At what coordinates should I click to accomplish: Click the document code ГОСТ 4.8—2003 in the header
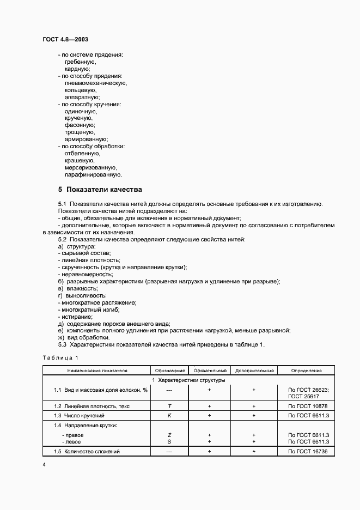[65, 40]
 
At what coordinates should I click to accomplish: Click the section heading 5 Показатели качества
[100, 190]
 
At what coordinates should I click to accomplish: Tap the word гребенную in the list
[80, 62]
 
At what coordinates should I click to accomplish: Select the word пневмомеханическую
[95, 83]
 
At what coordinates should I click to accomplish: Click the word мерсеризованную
[91, 167]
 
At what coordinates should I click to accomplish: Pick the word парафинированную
[93, 175]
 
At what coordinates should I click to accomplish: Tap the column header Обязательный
[210, 371]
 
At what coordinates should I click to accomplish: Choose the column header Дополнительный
[254, 371]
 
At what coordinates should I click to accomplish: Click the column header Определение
[306, 371]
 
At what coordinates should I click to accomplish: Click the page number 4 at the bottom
[44, 464]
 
